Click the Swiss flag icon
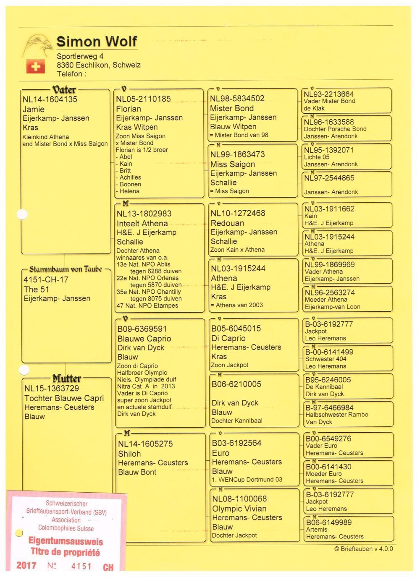tap(35, 66)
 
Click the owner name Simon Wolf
tap(97, 42)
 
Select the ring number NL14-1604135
tap(50, 99)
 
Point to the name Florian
tap(129, 109)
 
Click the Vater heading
tap(64, 89)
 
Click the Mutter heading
tap(66, 378)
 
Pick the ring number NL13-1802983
tap(144, 214)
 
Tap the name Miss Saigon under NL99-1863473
tap(233, 164)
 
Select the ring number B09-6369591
tap(142, 329)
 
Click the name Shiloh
tap(129, 454)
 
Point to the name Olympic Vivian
tap(239, 509)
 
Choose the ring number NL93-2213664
tap(329, 94)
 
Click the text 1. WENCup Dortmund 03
tap(247, 480)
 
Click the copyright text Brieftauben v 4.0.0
tap(364, 549)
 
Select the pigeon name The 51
tap(37, 289)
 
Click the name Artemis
tap(317, 530)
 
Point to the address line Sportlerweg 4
tap(80, 56)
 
